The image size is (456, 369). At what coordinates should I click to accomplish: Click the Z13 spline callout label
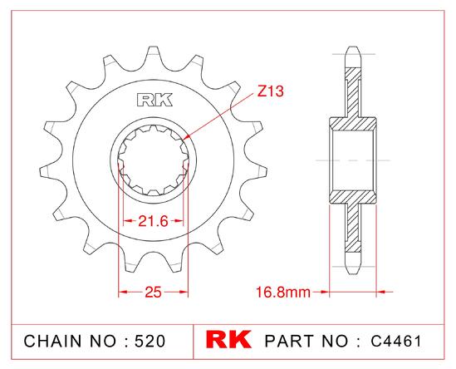(x=271, y=91)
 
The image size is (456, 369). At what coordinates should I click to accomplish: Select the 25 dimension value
(x=153, y=292)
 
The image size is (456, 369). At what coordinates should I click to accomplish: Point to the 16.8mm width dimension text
(x=283, y=292)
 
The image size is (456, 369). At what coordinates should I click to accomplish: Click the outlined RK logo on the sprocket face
(x=154, y=100)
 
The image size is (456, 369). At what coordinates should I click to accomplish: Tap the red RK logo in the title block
(x=228, y=339)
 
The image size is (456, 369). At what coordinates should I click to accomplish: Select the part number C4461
(x=396, y=341)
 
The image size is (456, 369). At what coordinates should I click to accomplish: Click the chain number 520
(x=150, y=341)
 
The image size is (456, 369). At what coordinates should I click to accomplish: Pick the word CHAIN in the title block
(x=52, y=341)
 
